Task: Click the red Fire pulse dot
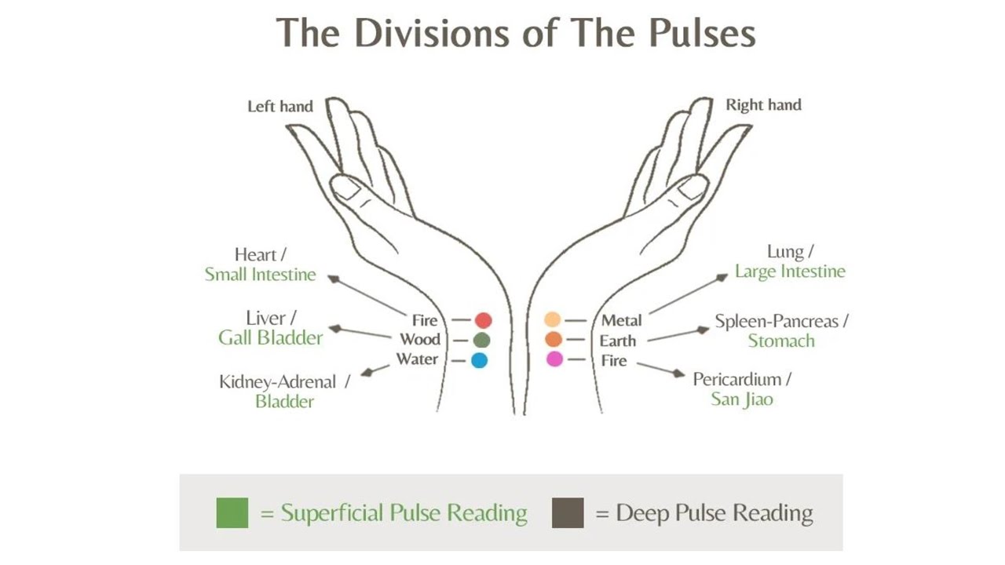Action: tap(484, 320)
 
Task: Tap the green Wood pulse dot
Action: tap(481, 340)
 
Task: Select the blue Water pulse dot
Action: tap(479, 360)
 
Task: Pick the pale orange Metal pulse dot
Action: tap(553, 319)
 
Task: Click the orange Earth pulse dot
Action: tap(554, 340)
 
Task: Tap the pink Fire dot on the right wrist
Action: tap(554, 359)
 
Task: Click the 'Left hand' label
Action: tap(280, 106)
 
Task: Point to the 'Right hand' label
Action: tap(763, 105)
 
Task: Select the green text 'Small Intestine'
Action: tap(260, 275)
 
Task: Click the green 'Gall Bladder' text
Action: tap(271, 338)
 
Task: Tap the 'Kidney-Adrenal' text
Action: tap(277, 382)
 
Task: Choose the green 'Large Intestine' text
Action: tap(790, 272)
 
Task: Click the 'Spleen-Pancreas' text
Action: tap(777, 322)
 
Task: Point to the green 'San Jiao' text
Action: tap(742, 399)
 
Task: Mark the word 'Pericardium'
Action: tap(736, 380)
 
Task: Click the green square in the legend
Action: tap(232, 513)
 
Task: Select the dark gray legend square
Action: tap(568, 513)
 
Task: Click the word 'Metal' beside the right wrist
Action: tap(621, 320)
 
